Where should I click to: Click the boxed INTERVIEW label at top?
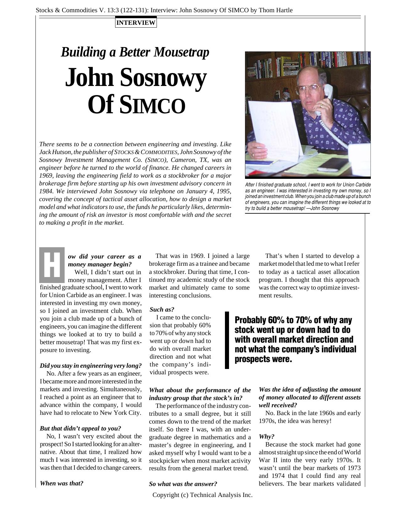136,23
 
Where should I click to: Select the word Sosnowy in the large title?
163,77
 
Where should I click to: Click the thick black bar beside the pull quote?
227,340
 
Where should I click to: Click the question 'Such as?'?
162,309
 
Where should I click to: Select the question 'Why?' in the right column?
267,436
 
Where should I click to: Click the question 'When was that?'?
61,483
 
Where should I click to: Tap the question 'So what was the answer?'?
183,484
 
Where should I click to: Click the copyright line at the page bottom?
202,495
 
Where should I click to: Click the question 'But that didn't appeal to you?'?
80,428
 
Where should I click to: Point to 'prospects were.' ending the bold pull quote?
263,359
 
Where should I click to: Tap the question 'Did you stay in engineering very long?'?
91,366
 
